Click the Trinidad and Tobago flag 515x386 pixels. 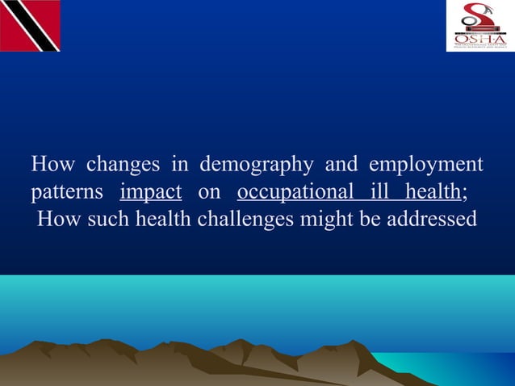pyautogui.click(x=30, y=26)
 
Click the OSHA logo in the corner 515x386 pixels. pyautogui.click(x=479, y=26)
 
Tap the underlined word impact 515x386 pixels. pyautogui.click(x=150, y=192)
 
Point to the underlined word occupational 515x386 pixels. pyautogui.click(x=295, y=192)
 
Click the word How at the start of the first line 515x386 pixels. pyautogui.click(x=53, y=165)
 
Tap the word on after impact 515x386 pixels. pyautogui.click(x=209, y=192)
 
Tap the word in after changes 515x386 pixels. pyautogui.click(x=179, y=165)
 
